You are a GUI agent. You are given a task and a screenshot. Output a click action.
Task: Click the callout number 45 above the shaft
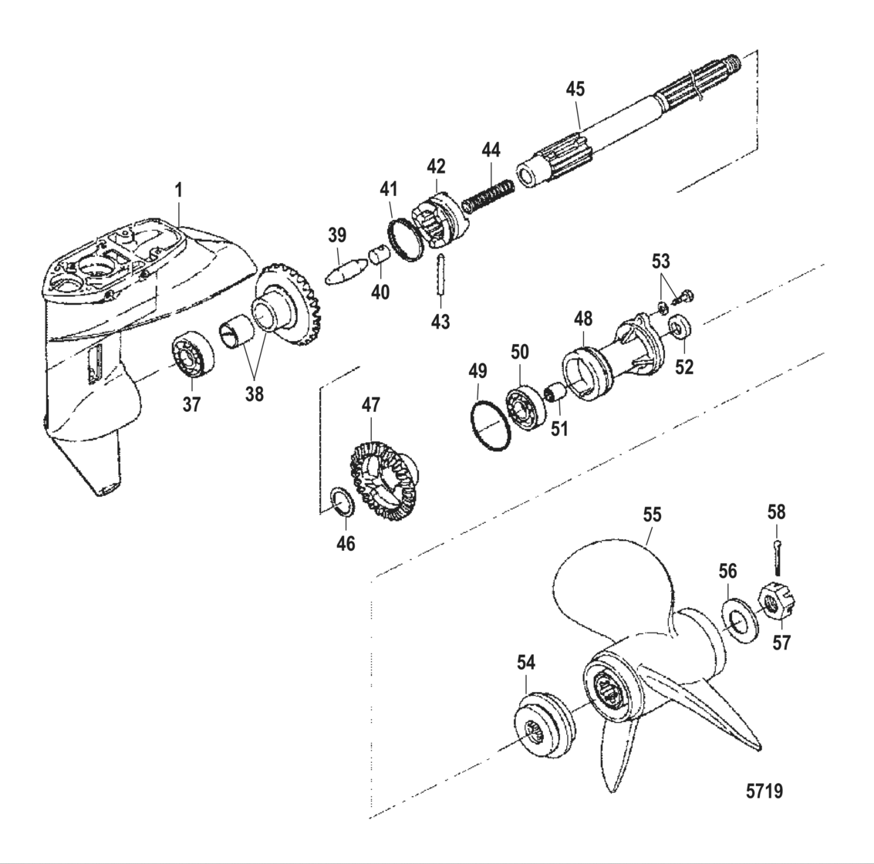coord(575,89)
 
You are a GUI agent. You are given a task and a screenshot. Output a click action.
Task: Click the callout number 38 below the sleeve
coord(254,393)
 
